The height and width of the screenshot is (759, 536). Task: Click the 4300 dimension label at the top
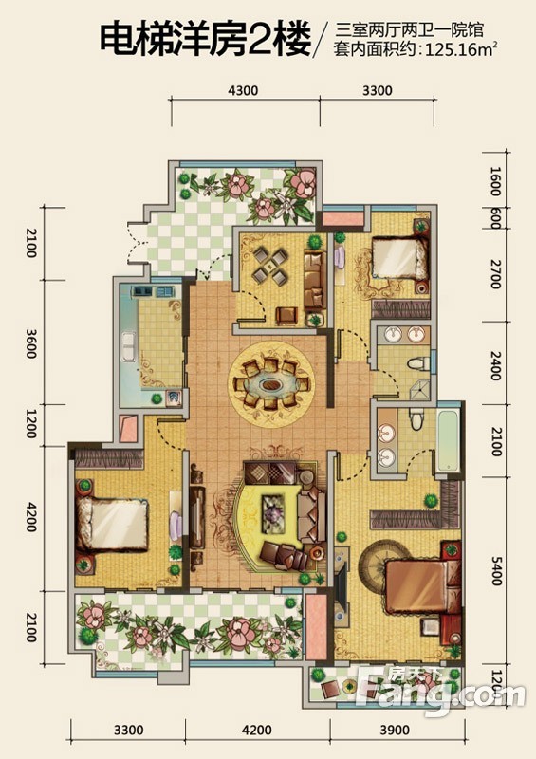[243, 90]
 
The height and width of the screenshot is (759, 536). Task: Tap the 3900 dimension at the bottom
[395, 730]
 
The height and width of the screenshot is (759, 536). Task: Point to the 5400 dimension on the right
[495, 571]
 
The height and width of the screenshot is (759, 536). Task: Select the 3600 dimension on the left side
[30, 343]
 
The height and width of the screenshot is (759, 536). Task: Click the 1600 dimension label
[494, 181]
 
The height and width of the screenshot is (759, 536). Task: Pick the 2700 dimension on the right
[495, 274]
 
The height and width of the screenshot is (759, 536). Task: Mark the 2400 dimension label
[495, 365]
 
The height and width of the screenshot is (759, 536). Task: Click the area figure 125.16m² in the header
[460, 50]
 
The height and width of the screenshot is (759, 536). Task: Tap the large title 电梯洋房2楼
[205, 39]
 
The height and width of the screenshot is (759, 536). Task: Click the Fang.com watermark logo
[439, 693]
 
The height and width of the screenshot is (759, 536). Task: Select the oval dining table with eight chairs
[270, 385]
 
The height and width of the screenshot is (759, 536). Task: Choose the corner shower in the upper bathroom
[420, 390]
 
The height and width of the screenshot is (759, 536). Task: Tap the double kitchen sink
[129, 345]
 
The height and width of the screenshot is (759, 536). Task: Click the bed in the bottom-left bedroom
[112, 525]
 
